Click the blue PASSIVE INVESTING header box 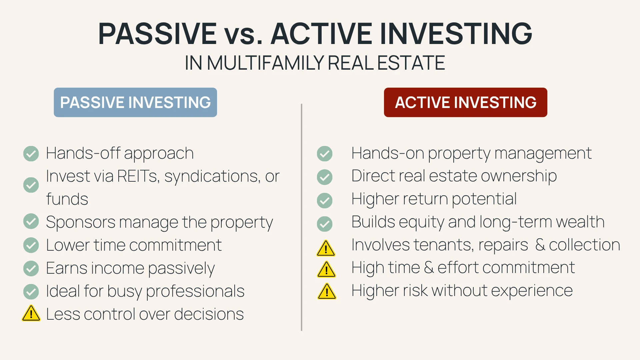click(x=135, y=102)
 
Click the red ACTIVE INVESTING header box click(x=465, y=102)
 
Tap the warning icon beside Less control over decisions click(x=31, y=313)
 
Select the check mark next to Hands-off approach click(x=31, y=154)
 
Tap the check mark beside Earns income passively click(x=31, y=268)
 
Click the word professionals click(x=195, y=291)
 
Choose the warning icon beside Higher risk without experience click(x=327, y=291)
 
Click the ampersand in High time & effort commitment click(x=429, y=267)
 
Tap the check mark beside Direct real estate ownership click(x=324, y=177)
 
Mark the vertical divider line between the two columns click(x=301, y=217)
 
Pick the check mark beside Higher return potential click(x=324, y=201)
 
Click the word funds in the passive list click(x=67, y=199)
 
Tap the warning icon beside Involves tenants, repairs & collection click(x=326, y=248)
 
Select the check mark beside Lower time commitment click(x=31, y=245)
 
